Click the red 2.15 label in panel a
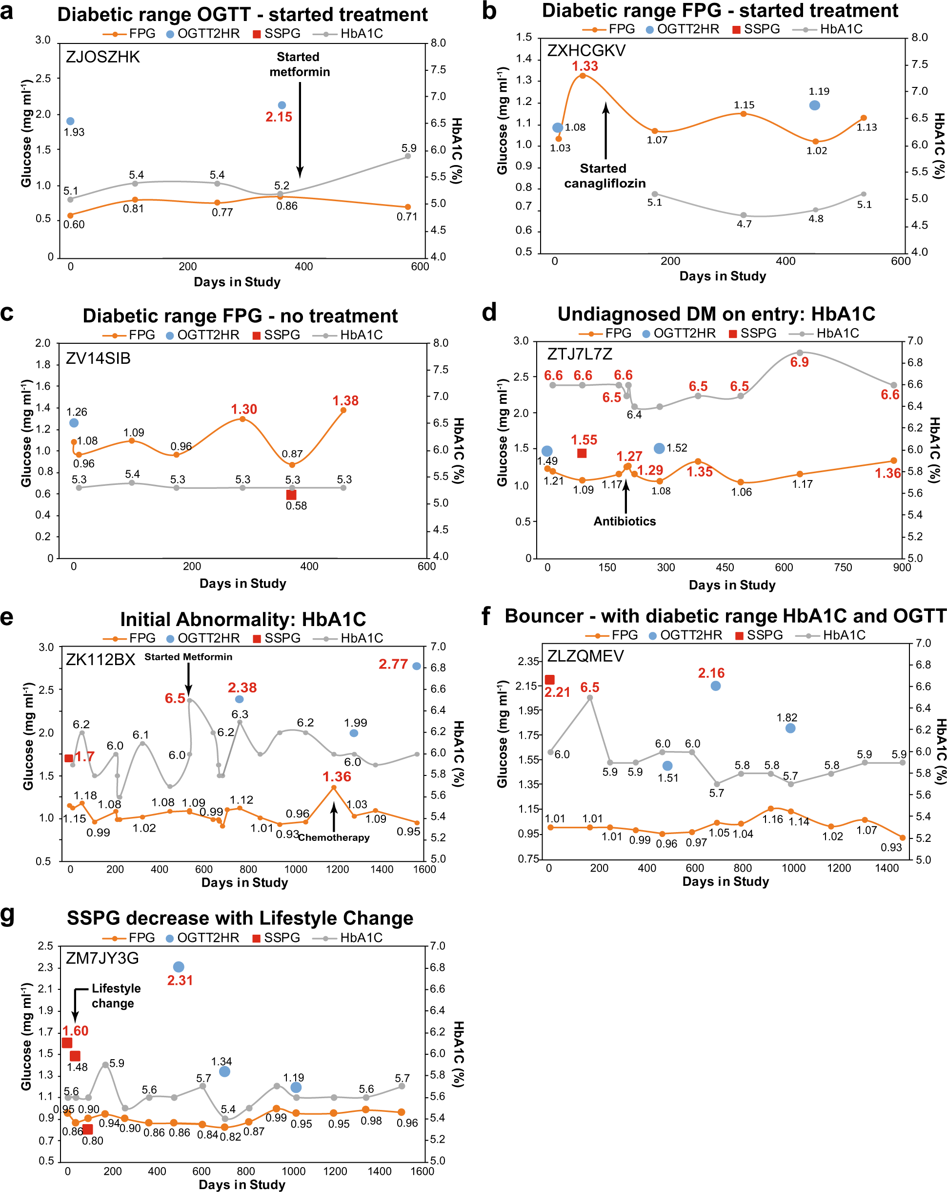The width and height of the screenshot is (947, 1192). (x=279, y=117)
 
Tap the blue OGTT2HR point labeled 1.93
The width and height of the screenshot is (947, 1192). (x=70, y=121)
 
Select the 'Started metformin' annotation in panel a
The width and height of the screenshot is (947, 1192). (x=299, y=64)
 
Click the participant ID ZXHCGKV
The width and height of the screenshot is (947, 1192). (x=586, y=51)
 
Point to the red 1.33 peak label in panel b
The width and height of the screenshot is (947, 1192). (x=584, y=66)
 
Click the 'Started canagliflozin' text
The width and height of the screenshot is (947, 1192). (x=604, y=176)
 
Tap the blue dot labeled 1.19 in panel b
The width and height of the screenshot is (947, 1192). (x=814, y=105)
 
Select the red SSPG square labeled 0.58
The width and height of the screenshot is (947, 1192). (x=291, y=495)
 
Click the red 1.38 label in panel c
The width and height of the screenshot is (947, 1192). (x=345, y=401)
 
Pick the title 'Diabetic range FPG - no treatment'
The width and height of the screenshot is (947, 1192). (x=240, y=315)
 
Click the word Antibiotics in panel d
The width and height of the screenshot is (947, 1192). (x=625, y=522)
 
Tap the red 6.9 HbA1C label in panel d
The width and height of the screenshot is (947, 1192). (x=799, y=362)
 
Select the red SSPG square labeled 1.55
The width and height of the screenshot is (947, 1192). (x=582, y=453)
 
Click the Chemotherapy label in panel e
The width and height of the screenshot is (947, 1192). (x=334, y=837)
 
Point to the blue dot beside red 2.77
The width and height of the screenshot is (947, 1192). (x=417, y=666)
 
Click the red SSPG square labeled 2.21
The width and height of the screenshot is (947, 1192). (x=550, y=679)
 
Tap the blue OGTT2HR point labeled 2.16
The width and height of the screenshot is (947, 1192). (x=716, y=686)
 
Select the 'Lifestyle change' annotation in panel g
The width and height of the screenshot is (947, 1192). (x=115, y=996)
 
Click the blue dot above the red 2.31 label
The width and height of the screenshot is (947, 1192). (x=179, y=967)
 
